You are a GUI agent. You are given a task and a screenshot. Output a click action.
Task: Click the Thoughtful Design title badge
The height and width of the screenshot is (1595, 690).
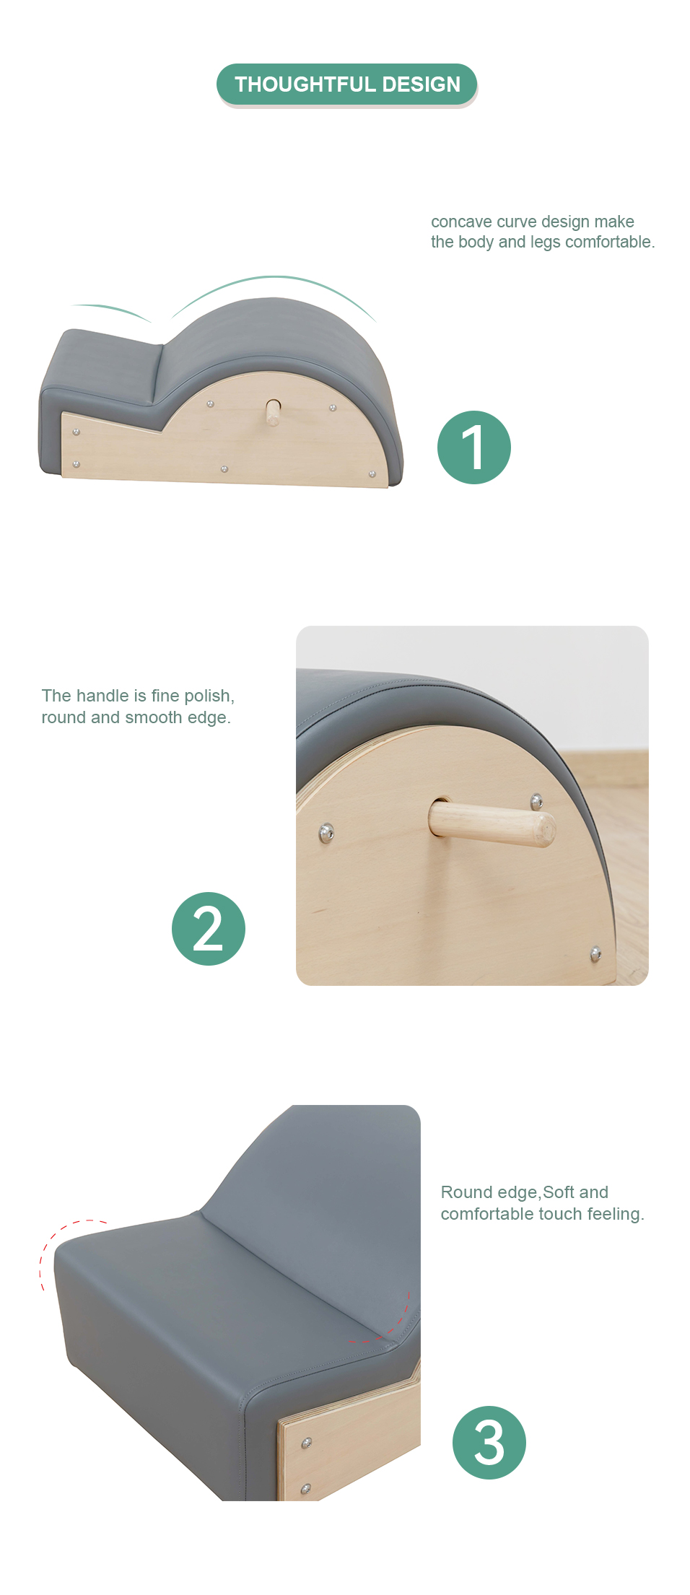346,84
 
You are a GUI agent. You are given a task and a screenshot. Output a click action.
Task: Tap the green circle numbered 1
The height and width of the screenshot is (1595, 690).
474,447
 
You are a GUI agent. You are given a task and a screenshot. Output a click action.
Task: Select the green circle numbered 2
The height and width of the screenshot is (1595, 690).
209,929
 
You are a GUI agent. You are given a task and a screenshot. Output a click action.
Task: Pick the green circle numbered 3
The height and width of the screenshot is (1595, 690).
489,1443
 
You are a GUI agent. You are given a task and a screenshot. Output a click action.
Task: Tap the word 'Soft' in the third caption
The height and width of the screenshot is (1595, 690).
559,1192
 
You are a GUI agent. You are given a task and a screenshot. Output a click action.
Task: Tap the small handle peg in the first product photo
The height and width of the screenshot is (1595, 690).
273,413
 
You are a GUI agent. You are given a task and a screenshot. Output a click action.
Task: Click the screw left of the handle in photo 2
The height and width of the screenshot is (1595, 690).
326,833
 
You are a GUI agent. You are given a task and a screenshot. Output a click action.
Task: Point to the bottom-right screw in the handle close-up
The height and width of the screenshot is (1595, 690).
595,954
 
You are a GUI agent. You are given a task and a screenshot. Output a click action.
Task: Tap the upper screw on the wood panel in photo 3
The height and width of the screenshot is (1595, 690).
307,1443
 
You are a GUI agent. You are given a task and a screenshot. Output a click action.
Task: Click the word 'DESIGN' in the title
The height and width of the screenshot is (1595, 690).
421,84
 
